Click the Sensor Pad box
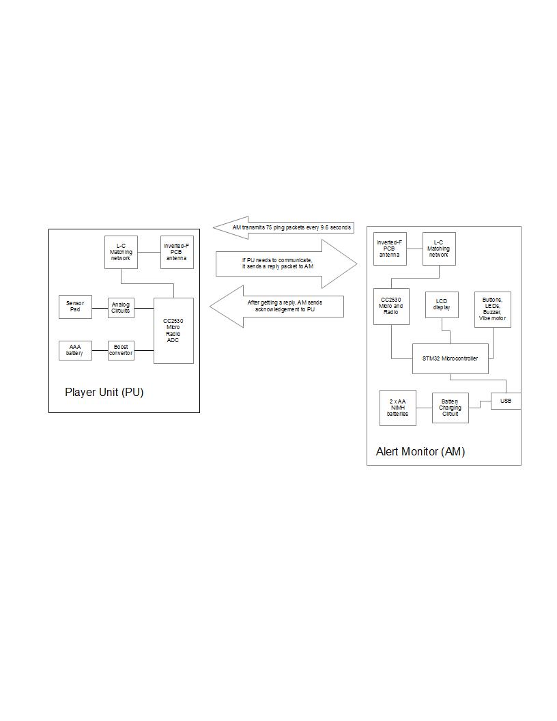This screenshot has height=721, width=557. point(76,307)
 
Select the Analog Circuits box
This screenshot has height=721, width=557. point(121,307)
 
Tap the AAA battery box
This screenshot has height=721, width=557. point(75,350)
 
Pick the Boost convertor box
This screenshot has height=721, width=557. point(121,350)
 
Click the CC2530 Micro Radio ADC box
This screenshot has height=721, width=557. point(173,330)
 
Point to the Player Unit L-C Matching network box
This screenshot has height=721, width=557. point(121,253)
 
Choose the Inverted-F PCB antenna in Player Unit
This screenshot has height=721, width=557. point(176,253)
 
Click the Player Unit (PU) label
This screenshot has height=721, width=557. point(104,393)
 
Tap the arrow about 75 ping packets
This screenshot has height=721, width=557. point(287,227)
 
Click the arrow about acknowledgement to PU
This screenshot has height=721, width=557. point(280,307)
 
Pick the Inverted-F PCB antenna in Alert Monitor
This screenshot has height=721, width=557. point(390,249)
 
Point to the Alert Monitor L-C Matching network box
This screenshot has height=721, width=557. point(439,249)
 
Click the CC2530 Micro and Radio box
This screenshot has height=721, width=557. point(391,307)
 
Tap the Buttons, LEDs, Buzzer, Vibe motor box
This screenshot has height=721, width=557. point(493,309)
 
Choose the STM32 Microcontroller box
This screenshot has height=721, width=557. point(451,358)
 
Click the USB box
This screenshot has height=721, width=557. point(506,401)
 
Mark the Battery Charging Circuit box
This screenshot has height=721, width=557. point(451,408)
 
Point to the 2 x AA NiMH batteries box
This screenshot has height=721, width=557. point(398,408)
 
